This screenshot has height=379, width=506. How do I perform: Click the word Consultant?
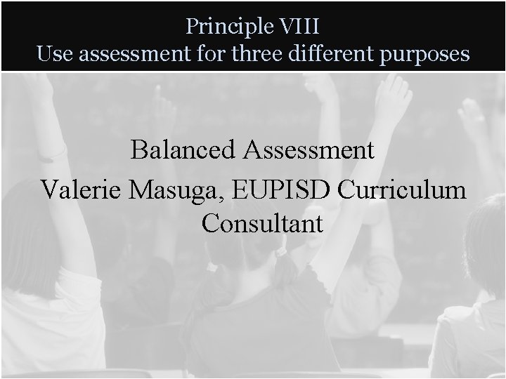[262, 224]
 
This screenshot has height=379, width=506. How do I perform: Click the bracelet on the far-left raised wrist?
[50, 151]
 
